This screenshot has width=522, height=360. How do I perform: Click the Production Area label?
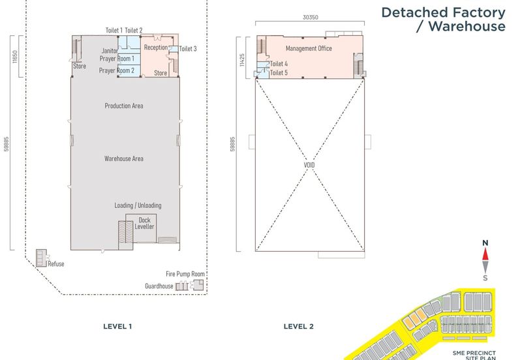tap(124, 106)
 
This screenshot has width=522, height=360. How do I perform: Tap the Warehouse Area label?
tap(124, 158)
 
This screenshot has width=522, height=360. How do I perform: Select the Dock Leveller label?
tap(144, 223)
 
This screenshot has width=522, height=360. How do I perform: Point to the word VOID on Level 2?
tap(309, 165)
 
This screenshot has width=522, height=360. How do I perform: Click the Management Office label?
tap(309, 48)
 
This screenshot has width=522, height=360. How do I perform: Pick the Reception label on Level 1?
tap(156, 48)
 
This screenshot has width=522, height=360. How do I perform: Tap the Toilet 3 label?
tap(188, 49)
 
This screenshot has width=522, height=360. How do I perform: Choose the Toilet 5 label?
tap(279, 73)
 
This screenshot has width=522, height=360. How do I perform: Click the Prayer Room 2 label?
tap(117, 70)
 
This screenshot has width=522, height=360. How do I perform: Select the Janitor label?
tap(110, 51)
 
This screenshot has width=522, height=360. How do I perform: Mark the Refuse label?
tap(56, 264)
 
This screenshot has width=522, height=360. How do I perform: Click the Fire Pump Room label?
tap(185, 274)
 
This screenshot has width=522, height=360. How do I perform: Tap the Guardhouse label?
tap(159, 286)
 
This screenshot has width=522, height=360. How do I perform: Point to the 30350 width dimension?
tap(311, 18)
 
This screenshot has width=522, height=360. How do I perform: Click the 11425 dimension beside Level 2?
tap(242, 60)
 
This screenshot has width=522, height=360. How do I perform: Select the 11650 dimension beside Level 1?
tap(14, 57)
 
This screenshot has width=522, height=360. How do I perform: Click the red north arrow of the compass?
tap(485, 254)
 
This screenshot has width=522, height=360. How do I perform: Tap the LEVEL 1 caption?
tap(117, 326)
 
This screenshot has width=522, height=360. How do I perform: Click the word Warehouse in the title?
tap(467, 26)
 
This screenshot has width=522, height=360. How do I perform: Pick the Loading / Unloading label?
tap(138, 205)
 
